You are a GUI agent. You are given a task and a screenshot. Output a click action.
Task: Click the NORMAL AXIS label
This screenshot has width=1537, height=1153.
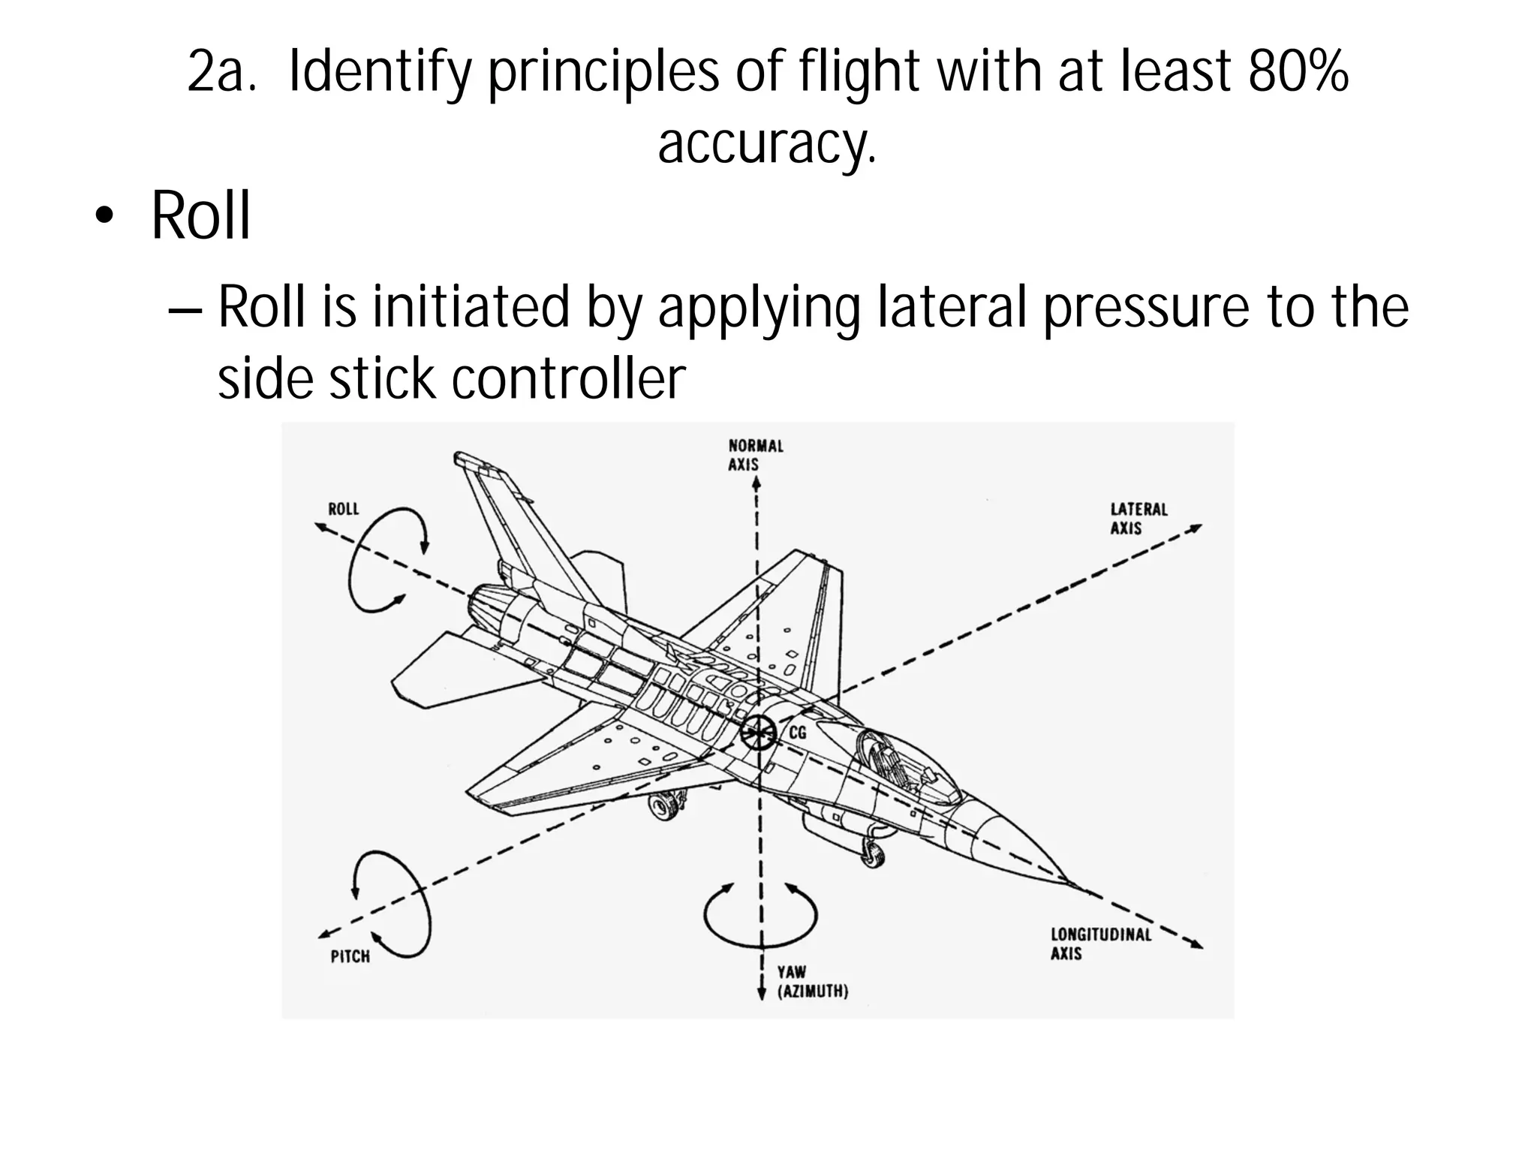click(755, 455)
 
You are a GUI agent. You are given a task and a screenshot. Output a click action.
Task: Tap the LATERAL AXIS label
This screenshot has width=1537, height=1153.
click(1138, 519)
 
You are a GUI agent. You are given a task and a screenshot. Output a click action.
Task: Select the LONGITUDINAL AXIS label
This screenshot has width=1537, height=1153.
click(1099, 944)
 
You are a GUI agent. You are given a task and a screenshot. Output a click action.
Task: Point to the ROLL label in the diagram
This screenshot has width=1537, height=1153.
click(344, 509)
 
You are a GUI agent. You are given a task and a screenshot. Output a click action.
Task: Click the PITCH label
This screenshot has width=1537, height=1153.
click(350, 956)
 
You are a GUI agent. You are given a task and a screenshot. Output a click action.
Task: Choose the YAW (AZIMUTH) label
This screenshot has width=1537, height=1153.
click(811, 982)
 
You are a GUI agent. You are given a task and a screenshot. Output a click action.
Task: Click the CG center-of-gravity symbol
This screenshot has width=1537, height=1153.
click(758, 731)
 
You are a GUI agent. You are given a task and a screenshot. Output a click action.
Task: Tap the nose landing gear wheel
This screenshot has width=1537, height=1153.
click(872, 853)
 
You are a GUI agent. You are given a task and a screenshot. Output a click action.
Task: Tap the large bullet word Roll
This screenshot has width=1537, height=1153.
click(200, 215)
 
